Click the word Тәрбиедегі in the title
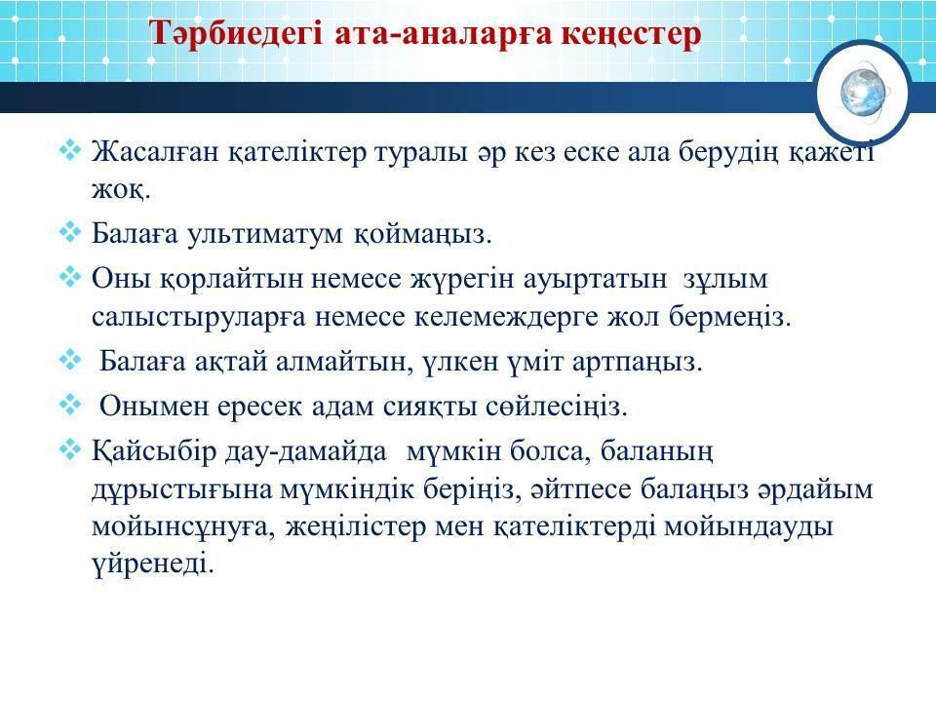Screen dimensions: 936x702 [x=236, y=33]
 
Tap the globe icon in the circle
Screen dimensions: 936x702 [x=863, y=94]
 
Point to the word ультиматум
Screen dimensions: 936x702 [x=265, y=233]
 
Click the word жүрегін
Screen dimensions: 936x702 [x=461, y=279]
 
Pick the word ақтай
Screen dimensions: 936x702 [x=230, y=362]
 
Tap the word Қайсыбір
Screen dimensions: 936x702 [x=154, y=450]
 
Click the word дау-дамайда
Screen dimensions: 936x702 [x=306, y=451]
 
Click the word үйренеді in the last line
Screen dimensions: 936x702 [x=153, y=563]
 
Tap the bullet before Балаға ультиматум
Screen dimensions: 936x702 [x=70, y=232]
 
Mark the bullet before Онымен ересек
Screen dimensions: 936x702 [x=70, y=404]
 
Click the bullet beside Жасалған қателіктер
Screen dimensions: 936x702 [x=70, y=149]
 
